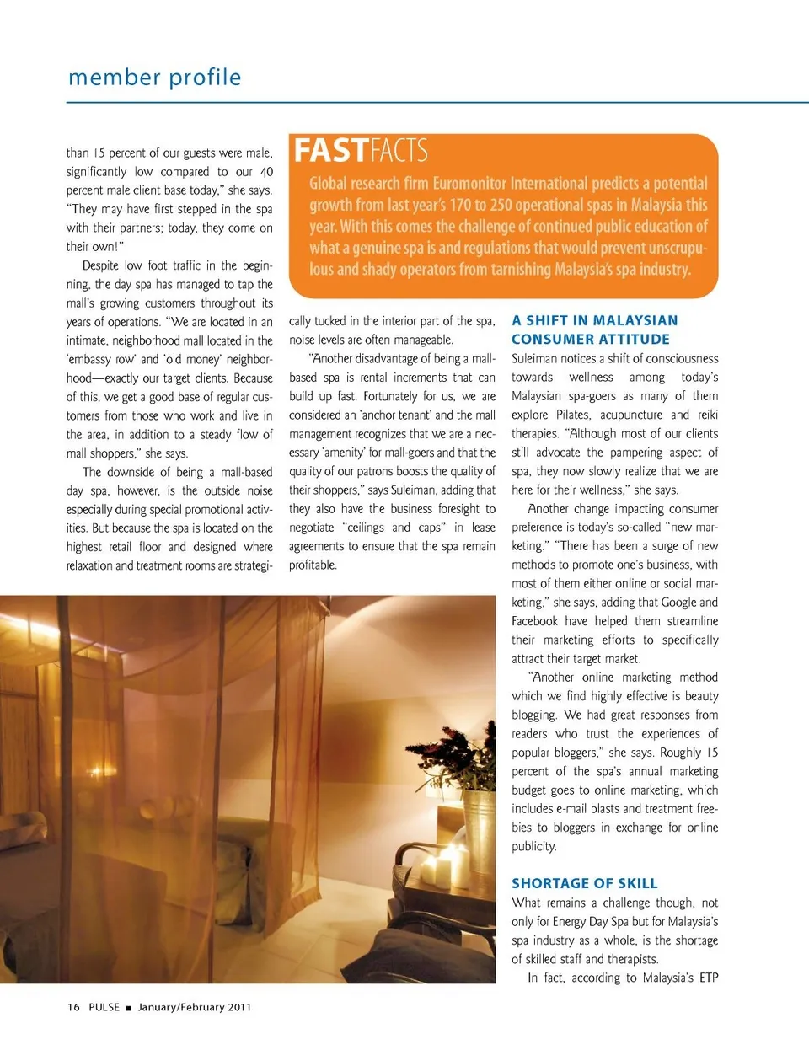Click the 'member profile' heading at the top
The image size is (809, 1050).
[x=154, y=78]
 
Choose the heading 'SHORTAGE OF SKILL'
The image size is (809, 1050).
[x=584, y=883]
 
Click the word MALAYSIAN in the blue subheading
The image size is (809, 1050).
[x=635, y=320]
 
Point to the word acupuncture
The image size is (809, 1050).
[x=630, y=415]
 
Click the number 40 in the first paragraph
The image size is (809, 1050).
[x=266, y=172]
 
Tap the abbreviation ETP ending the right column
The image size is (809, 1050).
[x=708, y=978]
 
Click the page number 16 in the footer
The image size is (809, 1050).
[x=73, y=1007]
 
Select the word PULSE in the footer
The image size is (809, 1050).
[x=104, y=1007]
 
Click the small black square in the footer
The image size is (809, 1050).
[x=129, y=1008]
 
